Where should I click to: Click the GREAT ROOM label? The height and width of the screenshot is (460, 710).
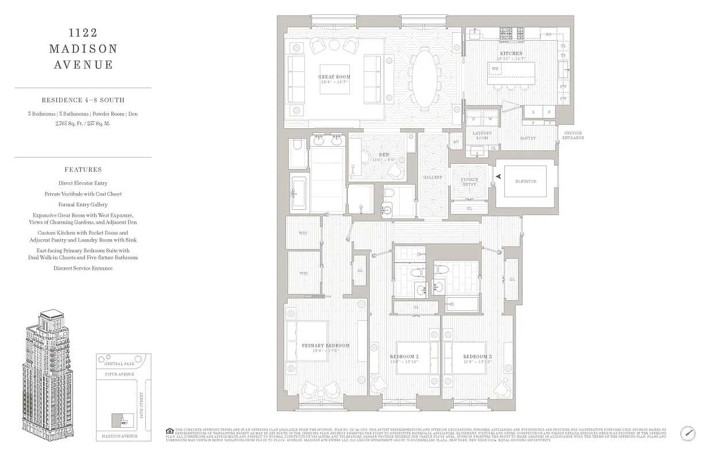[334, 77]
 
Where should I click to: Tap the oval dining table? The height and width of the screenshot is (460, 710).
[425, 78]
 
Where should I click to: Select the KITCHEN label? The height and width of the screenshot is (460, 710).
[511, 53]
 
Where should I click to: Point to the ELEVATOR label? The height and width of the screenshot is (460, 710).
[525, 182]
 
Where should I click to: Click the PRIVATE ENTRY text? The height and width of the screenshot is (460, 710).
[469, 182]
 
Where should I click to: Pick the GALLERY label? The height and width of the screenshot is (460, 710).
[433, 178]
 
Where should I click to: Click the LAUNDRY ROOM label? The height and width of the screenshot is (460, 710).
[481, 136]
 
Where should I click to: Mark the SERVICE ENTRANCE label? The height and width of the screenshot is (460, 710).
[572, 136]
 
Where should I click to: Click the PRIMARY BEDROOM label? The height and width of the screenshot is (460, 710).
[326, 346]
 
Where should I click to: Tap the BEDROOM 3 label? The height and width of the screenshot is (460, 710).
[477, 356]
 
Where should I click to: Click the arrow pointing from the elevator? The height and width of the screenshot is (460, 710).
[498, 177]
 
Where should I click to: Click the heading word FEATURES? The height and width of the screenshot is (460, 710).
[83, 170]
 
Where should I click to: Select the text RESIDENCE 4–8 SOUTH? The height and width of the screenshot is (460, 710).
[83, 101]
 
